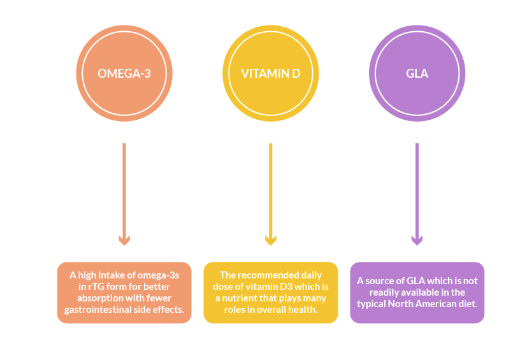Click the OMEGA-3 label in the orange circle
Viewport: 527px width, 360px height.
click(124, 73)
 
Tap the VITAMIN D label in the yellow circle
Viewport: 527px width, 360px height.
click(270, 73)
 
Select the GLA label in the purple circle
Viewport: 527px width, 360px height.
click(417, 73)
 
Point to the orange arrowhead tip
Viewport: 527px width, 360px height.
click(124, 243)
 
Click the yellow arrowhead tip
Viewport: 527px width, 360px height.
click(270, 243)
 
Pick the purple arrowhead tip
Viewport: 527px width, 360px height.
click(417, 243)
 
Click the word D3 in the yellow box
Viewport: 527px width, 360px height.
click(285, 287)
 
